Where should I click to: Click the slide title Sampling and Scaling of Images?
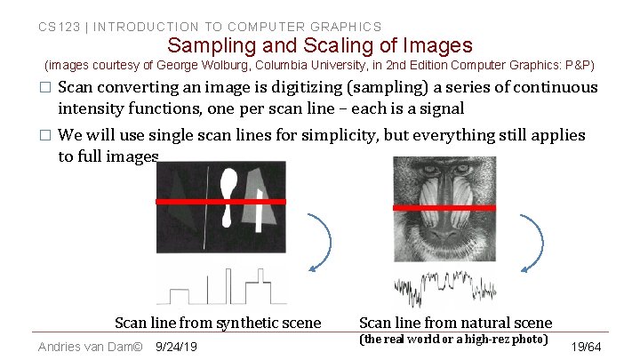(x=320, y=45)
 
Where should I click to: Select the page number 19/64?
(x=587, y=347)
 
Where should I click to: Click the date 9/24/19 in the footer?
(x=176, y=347)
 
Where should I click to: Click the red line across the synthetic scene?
(x=220, y=202)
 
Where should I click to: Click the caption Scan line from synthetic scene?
(x=218, y=323)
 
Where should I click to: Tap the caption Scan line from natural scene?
(x=455, y=323)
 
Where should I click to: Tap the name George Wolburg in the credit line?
(x=191, y=66)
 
